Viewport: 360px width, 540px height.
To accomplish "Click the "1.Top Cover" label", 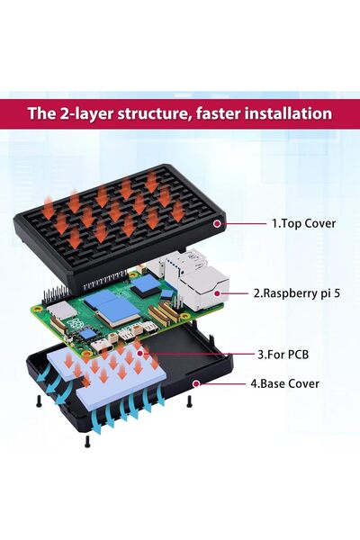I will point(303,222).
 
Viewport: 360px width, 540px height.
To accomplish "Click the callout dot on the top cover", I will point(216,222).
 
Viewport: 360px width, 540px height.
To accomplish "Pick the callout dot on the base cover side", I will point(195,383).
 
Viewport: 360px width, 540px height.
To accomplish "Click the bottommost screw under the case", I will point(87,442).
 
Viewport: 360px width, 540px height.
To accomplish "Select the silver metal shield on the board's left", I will point(63,310).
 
